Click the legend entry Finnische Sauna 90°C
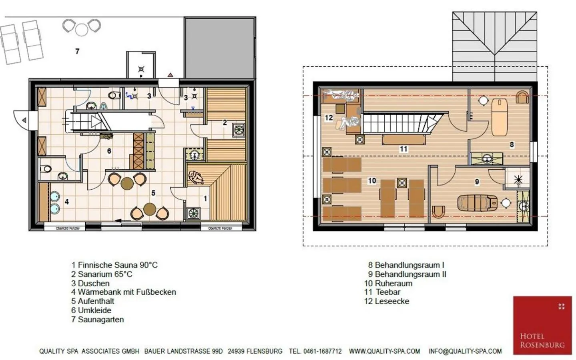tap(114, 265)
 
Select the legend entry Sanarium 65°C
tap(102, 274)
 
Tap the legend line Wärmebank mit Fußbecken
tap(123, 292)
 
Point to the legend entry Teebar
tap(382, 292)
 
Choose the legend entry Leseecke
tap(387, 301)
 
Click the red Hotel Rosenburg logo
tap(542, 325)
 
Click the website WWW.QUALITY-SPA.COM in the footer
tap(384, 351)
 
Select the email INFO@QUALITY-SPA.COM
tap(465, 351)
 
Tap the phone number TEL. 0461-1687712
tap(315, 351)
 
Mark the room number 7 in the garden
tap(77, 51)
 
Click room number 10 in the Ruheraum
tap(372, 181)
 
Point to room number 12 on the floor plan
tap(329, 118)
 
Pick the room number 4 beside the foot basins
tap(67, 202)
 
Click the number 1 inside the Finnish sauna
tap(205, 198)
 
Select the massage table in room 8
tap(499, 117)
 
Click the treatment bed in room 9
tap(478, 202)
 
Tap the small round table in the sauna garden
tap(82, 29)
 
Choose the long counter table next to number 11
tap(403, 140)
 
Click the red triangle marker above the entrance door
tap(170, 74)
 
